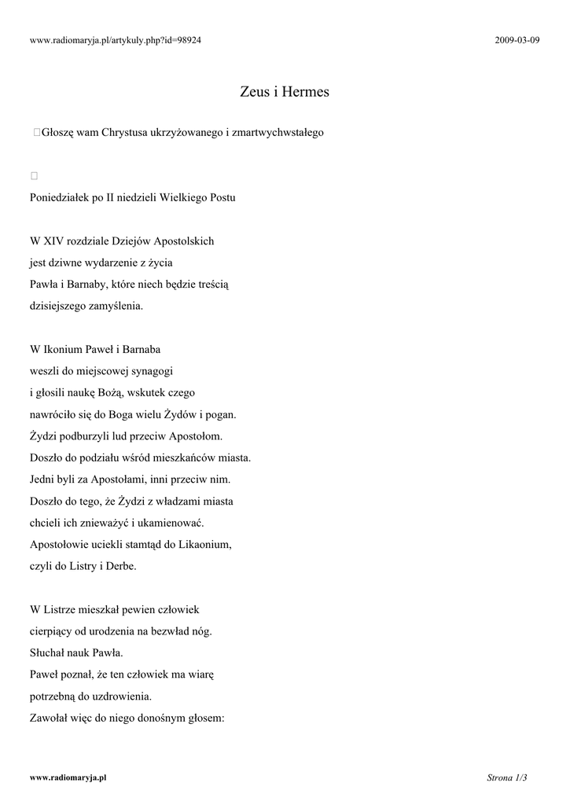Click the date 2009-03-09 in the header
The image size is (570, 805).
pos(517,40)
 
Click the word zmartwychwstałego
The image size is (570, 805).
pos(278,133)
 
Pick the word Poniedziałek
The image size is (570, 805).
pos(60,197)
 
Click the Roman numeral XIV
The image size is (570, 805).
pos(53,241)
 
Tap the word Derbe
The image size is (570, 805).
pos(120,565)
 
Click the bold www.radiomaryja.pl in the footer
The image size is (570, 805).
pos(68,777)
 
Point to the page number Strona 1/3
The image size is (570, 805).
pos(506,777)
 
